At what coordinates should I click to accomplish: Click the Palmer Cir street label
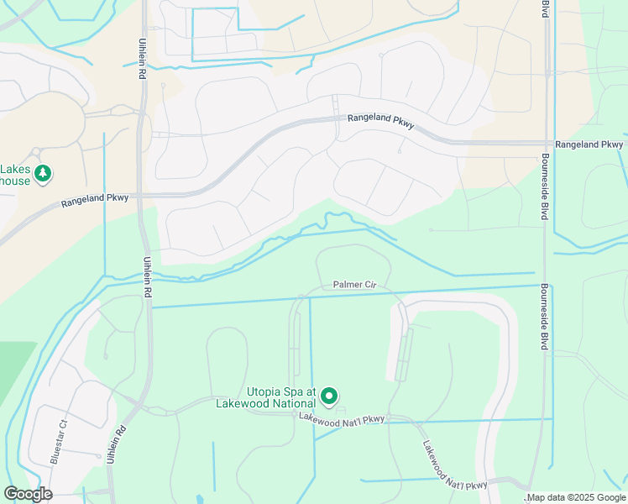354,285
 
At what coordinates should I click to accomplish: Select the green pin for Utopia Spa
330,395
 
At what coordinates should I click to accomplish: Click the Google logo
28,494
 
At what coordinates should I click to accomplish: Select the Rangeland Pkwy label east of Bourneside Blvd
589,144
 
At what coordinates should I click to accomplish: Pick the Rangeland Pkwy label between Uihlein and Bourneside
380,123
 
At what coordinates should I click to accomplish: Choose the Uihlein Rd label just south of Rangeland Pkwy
148,277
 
